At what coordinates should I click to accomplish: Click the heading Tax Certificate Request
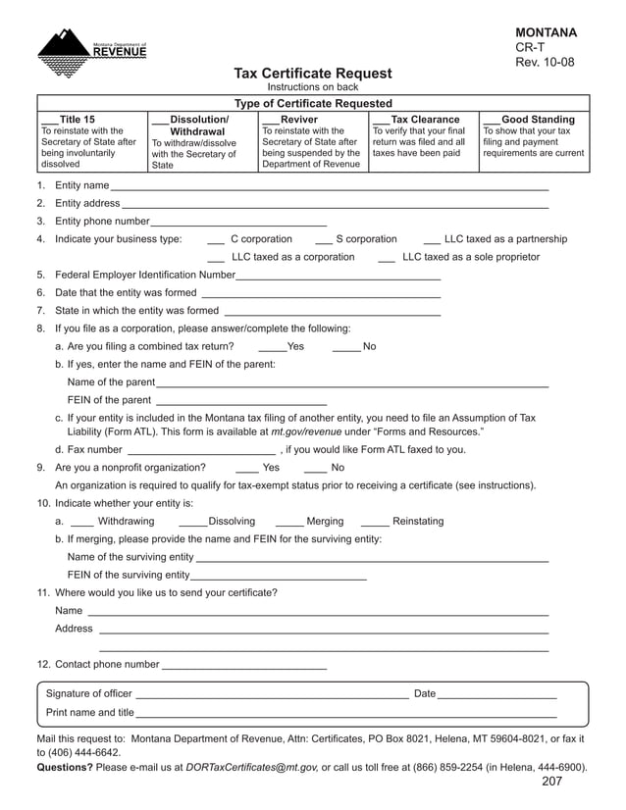pyautogui.click(x=312, y=74)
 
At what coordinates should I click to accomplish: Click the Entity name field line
pyautogui.click(x=329, y=186)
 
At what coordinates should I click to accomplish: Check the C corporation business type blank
pyautogui.click(x=217, y=240)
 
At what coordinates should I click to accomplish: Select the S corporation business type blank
pyautogui.click(x=323, y=240)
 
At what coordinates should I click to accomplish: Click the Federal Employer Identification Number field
pyautogui.click(x=339, y=276)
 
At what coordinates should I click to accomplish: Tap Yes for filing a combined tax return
pyautogui.click(x=272, y=347)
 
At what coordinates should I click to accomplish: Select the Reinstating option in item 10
pyautogui.click(x=375, y=523)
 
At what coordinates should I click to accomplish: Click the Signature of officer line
pyautogui.click(x=272, y=695)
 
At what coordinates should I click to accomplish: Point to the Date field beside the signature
pyautogui.click(x=496, y=695)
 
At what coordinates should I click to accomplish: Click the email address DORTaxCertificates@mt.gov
pyautogui.click(x=251, y=768)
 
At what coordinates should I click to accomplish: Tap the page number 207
pyautogui.click(x=551, y=783)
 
